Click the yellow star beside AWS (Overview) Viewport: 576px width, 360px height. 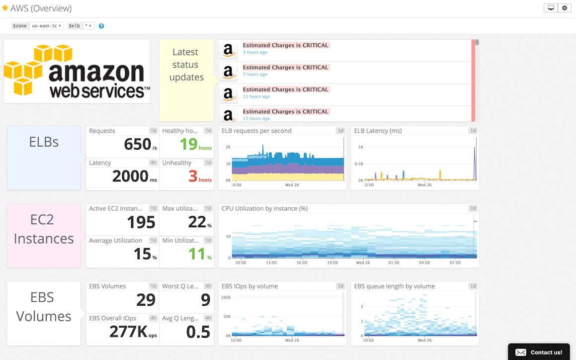click(x=5, y=8)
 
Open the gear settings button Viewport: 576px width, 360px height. click(x=565, y=8)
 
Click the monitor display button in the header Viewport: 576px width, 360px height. click(x=551, y=8)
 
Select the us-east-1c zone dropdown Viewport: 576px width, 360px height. click(x=47, y=26)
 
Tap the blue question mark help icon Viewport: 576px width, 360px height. click(x=101, y=26)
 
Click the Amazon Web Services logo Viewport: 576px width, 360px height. click(x=77, y=72)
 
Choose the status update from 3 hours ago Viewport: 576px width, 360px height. click(x=285, y=48)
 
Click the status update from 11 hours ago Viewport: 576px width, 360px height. click(x=285, y=92)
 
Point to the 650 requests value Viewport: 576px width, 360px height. click(x=138, y=145)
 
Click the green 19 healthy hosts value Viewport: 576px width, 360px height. click(x=189, y=144)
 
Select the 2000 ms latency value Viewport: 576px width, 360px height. click(x=130, y=177)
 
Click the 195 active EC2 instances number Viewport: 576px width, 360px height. click(x=141, y=222)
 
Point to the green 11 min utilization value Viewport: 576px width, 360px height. click(x=197, y=254)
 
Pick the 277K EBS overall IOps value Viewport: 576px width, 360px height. click(x=128, y=332)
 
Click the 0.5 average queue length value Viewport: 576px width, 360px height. click(x=198, y=332)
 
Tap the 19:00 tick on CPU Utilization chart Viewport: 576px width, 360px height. click(x=332, y=263)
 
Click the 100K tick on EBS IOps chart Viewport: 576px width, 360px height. click(x=226, y=297)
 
